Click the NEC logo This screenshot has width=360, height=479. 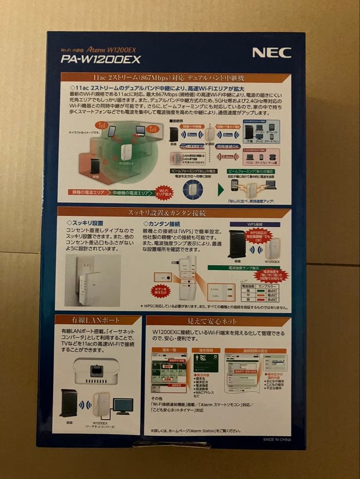[x=272, y=52]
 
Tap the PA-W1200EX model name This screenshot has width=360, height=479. [x=100, y=59]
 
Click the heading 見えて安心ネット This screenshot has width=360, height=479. [x=218, y=321]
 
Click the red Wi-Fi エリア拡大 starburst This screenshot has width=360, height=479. [x=163, y=193]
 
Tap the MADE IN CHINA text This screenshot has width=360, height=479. [x=277, y=440]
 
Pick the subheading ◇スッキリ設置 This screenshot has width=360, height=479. [x=85, y=223]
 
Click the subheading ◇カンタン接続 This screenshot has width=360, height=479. [x=162, y=223]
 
